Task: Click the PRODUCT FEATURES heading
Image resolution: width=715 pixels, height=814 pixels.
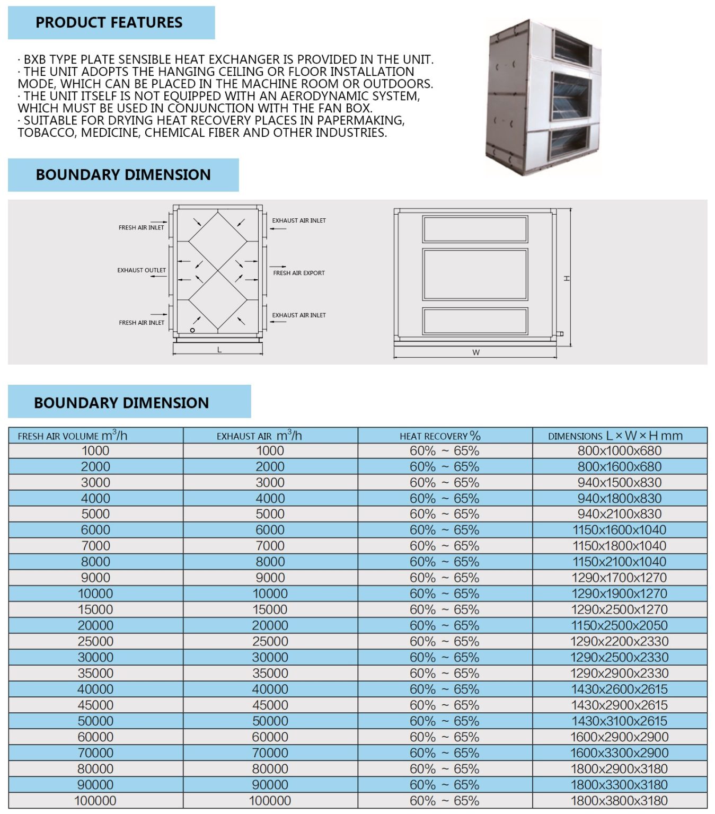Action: point(109,23)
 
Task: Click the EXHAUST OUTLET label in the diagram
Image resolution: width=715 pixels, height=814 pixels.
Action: point(142,270)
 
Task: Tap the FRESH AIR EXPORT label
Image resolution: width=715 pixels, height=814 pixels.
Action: point(299,273)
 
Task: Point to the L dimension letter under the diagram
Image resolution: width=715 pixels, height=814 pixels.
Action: point(219,350)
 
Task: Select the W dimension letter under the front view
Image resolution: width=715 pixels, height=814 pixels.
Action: point(475,352)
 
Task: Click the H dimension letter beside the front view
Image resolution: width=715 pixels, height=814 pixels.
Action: point(567,278)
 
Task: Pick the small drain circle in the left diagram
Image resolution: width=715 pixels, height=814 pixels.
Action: point(192,330)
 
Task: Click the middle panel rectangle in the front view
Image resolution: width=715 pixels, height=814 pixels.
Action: point(475,275)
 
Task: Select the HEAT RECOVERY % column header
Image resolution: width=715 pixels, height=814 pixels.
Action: point(440,436)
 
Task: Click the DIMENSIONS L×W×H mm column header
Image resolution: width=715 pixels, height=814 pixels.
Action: point(615,436)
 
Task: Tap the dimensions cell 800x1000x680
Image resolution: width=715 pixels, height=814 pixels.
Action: point(619,451)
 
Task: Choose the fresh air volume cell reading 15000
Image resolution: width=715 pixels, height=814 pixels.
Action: point(95,609)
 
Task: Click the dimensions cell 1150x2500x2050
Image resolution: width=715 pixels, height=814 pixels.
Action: point(619,625)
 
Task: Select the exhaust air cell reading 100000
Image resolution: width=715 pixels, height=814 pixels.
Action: point(270,801)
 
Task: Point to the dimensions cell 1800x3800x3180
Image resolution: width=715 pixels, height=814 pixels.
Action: point(619,801)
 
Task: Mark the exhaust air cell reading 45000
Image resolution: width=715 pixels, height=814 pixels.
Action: point(270,705)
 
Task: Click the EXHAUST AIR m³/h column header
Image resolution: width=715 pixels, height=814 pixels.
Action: point(259,436)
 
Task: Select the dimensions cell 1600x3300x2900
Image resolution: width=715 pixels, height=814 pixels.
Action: point(619,753)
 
